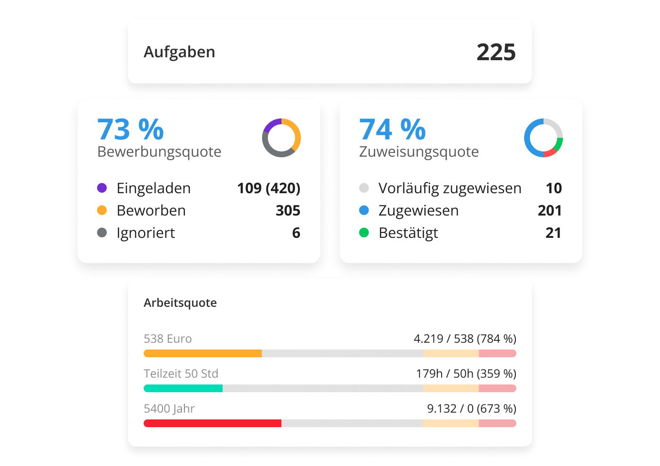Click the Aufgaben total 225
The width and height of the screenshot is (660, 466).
[x=495, y=52]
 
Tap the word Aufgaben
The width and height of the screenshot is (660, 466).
[x=179, y=52]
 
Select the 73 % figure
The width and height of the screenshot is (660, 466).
[x=131, y=130]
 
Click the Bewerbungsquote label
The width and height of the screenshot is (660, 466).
[x=159, y=152]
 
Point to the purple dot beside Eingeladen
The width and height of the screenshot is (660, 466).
[x=102, y=188]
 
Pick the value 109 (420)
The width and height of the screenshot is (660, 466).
[x=268, y=188]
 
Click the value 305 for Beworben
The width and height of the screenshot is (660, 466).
[x=288, y=210]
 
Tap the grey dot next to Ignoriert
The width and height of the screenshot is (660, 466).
[x=102, y=233]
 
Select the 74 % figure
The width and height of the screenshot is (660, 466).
[x=392, y=130]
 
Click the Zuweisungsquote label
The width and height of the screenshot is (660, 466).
[x=419, y=152]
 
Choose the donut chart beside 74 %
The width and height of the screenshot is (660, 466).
[x=544, y=138]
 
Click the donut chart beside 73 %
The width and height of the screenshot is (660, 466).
[x=281, y=138]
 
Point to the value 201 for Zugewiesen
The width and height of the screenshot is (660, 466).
[x=549, y=210]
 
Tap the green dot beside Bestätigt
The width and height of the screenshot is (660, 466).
[x=364, y=233]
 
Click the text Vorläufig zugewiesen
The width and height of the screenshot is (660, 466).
[x=450, y=188]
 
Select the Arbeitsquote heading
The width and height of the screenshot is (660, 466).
[x=180, y=303]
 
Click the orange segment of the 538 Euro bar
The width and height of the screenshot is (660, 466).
[x=202, y=353]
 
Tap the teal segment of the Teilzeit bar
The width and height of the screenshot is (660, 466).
[x=183, y=388]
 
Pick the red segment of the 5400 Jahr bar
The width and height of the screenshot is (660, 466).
[x=212, y=423]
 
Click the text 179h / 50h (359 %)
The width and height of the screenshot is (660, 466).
[x=466, y=374]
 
